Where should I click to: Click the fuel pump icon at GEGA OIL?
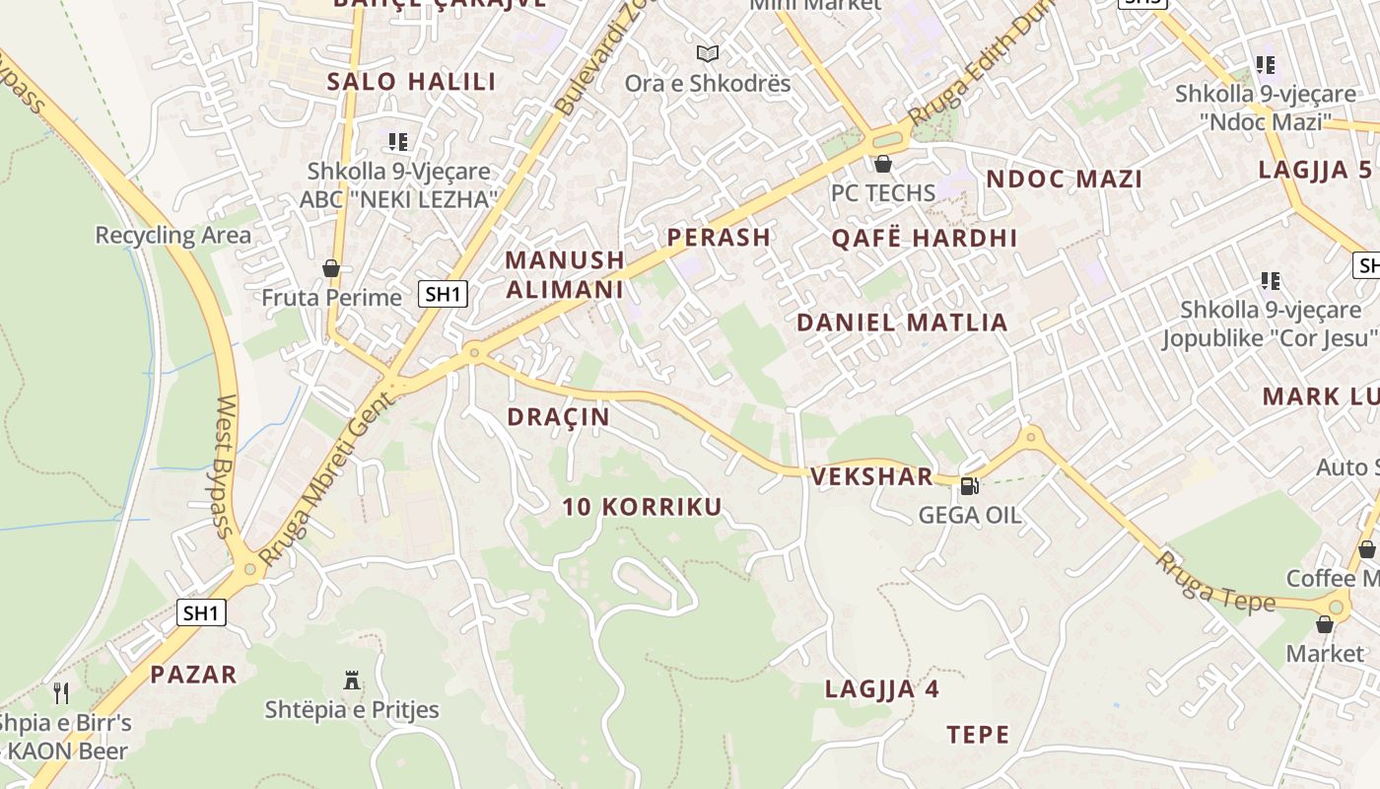[969, 485]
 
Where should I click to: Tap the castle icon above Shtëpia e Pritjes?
[351, 680]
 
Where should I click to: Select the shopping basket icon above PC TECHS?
[882, 164]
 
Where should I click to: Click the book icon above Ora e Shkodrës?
[707, 53]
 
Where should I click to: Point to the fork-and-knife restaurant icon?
[61, 692]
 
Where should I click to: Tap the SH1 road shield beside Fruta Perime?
[443, 293]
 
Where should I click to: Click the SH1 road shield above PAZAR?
[201, 612]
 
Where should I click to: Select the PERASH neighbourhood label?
[719, 237]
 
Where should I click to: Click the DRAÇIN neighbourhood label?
[558, 417]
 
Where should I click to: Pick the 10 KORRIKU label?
[642, 507]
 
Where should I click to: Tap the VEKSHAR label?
[870, 476]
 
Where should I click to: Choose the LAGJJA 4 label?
[881, 688]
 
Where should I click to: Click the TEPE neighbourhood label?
[978, 734]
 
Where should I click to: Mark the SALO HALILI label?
[411, 82]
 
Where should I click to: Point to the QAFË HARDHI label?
[924, 238]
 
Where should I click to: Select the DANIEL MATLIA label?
[901, 323]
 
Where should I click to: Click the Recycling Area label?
[172, 235]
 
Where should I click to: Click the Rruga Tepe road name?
[1215, 582]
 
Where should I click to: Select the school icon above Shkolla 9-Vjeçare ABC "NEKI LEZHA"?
[397, 142]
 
